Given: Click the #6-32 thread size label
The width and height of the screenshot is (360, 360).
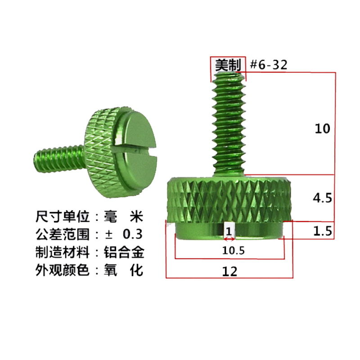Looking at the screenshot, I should pos(269,65).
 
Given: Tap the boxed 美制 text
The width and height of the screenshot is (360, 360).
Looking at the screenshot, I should pos(227,65).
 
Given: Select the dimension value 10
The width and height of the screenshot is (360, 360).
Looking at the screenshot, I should pos(322,129).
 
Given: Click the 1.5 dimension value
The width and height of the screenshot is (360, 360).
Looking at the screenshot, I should pos(322,231).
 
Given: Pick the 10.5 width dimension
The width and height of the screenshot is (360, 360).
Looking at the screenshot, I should pos(234,251).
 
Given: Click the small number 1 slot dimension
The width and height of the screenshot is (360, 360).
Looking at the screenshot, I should pos(229,231).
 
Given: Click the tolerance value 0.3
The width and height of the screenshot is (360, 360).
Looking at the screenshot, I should pos(133,234).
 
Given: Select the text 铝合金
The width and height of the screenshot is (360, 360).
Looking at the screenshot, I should pos(127,252).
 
